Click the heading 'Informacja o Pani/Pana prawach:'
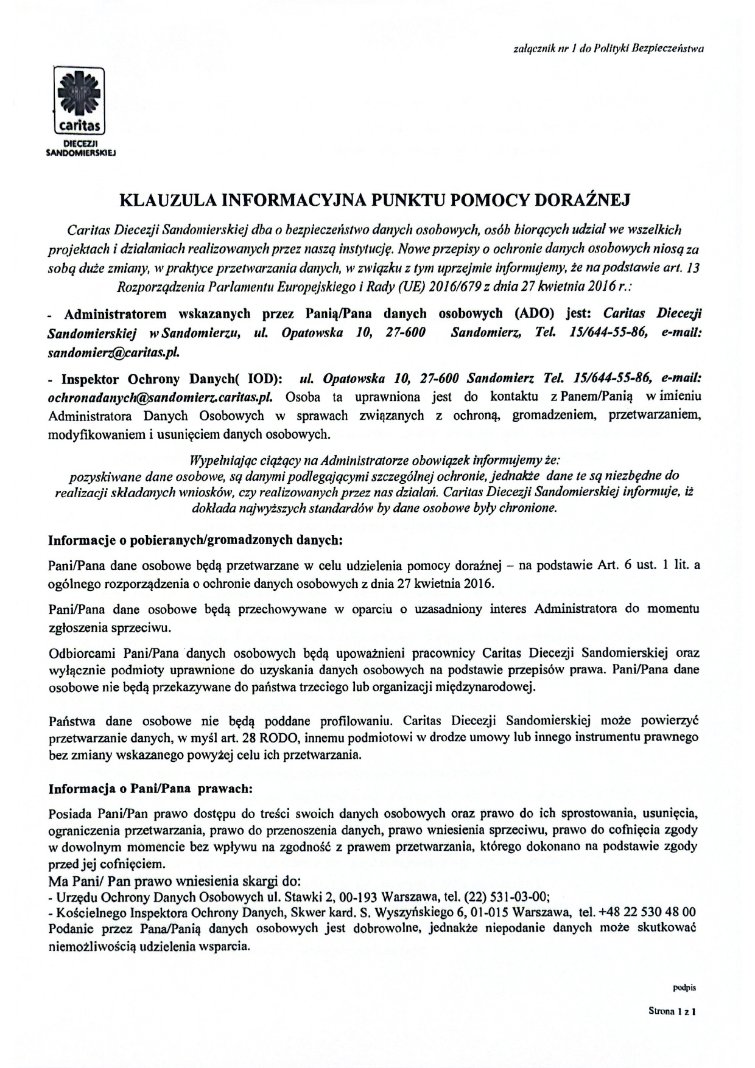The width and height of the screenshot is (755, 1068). (x=150, y=789)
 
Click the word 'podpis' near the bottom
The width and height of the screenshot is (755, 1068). (x=684, y=988)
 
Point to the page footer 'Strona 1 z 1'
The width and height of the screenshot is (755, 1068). (x=672, y=1011)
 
